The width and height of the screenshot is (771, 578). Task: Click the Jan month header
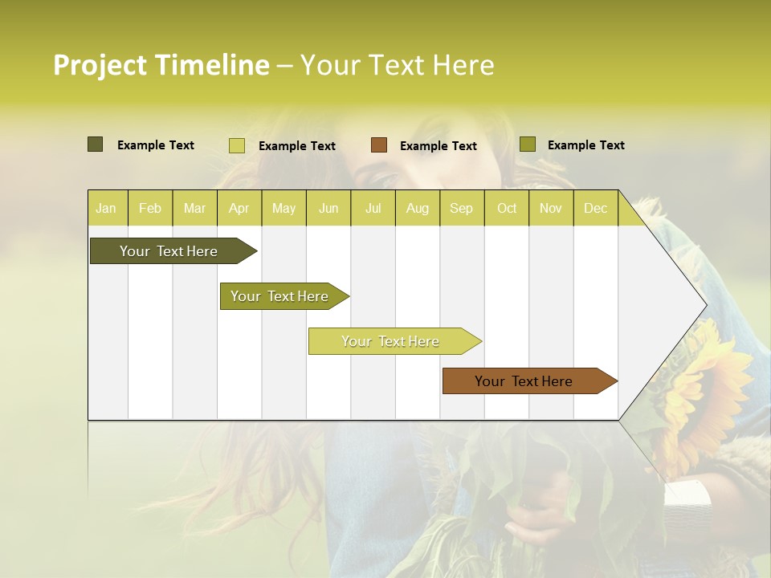(x=106, y=209)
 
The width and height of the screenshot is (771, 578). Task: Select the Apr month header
(x=239, y=209)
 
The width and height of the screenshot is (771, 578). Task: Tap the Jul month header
(x=373, y=209)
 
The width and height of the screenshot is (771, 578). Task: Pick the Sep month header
(x=461, y=209)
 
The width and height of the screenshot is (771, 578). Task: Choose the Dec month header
(x=595, y=209)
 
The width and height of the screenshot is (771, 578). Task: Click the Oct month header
(x=507, y=209)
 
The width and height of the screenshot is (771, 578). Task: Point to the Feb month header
(x=150, y=209)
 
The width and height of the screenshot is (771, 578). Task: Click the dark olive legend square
(x=95, y=144)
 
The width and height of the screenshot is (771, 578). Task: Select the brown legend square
(x=379, y=144)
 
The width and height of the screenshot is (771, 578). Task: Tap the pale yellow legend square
(x=237, y=145)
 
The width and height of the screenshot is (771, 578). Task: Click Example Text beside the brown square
(x=438, y=146)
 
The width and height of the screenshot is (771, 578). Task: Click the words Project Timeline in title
(x=161, y=65)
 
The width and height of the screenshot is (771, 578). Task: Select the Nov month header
(x=550, y=209)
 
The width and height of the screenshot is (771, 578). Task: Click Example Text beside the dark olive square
(x=155, y=145)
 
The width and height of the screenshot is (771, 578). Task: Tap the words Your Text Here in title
(x=397, y=65)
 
